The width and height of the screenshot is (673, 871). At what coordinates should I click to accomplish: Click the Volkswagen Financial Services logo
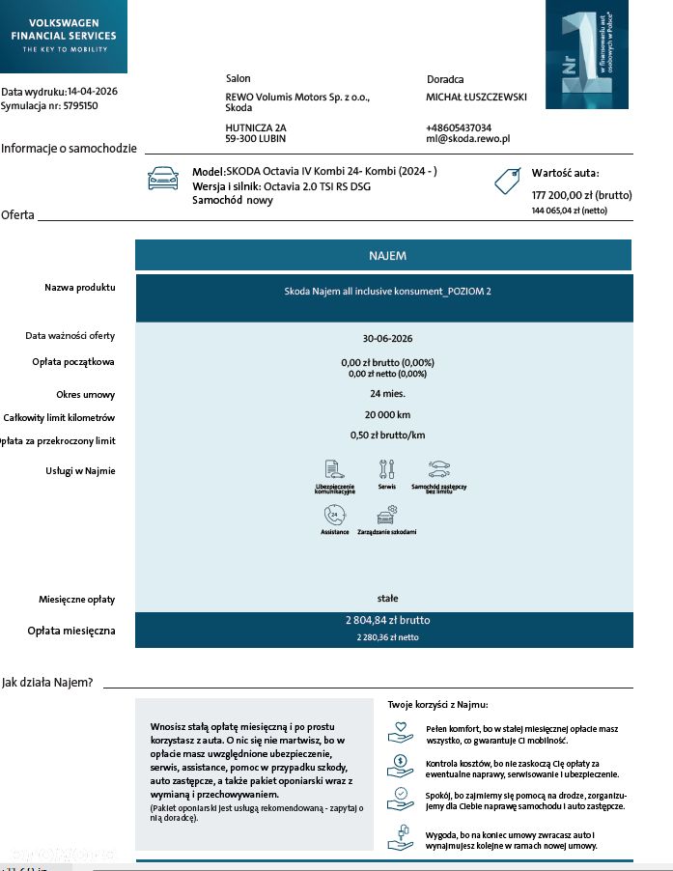tap(63, 36)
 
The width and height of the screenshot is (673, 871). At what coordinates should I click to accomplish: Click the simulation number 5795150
tap(80, 106)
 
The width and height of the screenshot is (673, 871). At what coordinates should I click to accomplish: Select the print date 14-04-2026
tap(95, 92)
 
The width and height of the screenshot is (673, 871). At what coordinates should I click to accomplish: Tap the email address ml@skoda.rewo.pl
tap(467, 140)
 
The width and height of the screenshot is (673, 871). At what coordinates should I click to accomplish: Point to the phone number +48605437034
tap(459, 127)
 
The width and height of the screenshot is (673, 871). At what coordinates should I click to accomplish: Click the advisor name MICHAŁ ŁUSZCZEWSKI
tap(476, 97)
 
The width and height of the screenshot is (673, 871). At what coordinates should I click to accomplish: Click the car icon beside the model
tap(162, 179)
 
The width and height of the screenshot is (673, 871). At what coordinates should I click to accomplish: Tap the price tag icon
tap(507, 181)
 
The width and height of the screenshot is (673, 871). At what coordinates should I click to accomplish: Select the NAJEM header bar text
tap(387, 256)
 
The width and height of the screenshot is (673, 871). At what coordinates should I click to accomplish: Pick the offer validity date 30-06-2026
tap(387, 339)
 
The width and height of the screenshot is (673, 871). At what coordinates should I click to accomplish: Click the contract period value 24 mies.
tap(387, 394)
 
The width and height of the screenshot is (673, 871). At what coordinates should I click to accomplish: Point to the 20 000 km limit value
tap(387, 416)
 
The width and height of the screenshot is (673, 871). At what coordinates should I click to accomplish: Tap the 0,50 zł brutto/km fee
tap(387, 435)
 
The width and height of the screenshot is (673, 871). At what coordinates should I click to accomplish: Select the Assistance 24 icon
tap(334, 515)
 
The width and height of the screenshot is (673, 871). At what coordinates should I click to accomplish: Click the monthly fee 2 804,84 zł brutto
tap(387, 621)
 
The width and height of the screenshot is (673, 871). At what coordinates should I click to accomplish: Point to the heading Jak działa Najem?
tap(47, 683)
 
